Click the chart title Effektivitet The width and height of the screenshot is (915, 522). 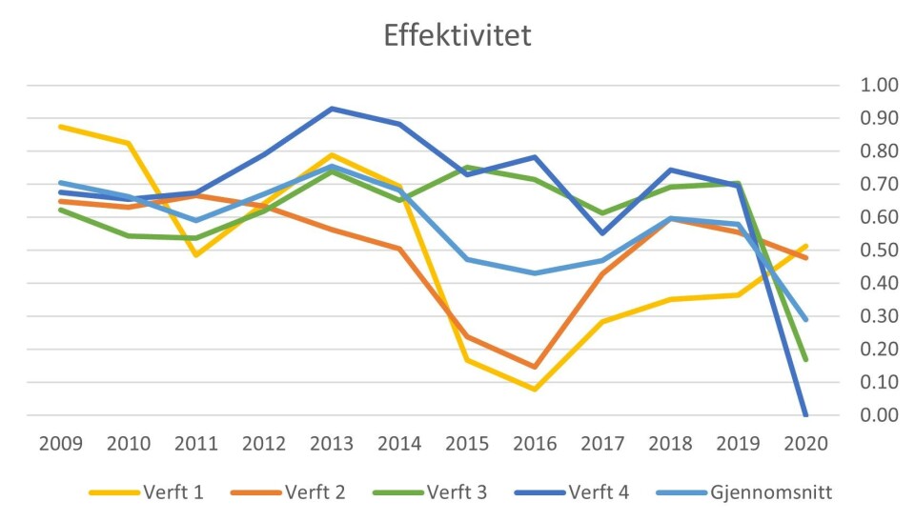pos(457,36)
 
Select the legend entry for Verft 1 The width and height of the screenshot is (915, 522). pos(172,492)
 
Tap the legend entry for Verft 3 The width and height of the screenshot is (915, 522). pos(457,492)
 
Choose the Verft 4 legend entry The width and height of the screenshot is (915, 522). pos(599,492)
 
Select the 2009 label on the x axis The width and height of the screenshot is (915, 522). pos(61,444)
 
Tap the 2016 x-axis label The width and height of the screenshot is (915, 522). pos(535,444)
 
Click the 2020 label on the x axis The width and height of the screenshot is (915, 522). pos(805,444)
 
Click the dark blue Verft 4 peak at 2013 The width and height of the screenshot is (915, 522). pos(332,109)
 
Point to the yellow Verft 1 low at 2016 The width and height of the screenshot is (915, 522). pos(535,389)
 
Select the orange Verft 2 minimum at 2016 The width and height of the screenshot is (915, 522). pos(535,367)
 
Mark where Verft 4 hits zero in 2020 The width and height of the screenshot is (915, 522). pos(805,414)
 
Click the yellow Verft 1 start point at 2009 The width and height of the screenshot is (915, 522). pos(61,127)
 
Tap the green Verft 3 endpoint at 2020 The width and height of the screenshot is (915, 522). pos(805,359)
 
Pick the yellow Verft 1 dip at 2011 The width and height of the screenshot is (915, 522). pos(196,255)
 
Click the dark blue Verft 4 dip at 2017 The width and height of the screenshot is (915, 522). pos(602,233)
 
